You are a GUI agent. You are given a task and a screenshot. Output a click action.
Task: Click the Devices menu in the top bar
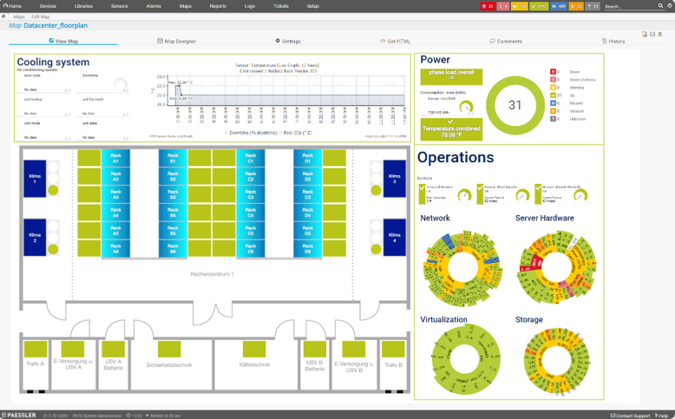(x=48, y=6)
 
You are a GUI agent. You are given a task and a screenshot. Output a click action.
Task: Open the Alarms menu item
(x=153, y=6)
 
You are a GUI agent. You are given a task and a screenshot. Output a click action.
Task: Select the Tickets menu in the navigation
(x=281, y=6)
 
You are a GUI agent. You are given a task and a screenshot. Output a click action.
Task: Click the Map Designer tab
(x=177, y=41)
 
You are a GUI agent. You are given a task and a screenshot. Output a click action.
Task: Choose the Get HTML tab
(x=395, y=41)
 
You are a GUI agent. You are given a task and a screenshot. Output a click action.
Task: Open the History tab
(x=613, y=41)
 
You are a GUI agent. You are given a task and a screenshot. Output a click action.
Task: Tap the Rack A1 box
(x=115, y=158)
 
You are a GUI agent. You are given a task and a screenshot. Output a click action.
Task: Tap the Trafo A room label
(x=36, y=364)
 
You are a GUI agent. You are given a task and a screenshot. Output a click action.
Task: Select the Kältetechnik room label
(x=253, y=365)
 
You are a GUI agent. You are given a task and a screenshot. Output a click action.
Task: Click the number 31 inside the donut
(x=515, y=105)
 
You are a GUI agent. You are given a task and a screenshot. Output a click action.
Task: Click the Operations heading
(x=455, y=157)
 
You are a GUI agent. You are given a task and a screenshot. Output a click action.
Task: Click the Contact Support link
(x=630, y=416)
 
